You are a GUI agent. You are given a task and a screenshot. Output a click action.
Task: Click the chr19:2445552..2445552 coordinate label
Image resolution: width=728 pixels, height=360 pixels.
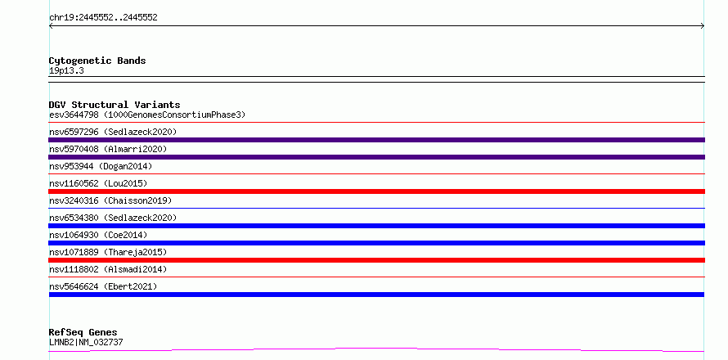tap(103, 18)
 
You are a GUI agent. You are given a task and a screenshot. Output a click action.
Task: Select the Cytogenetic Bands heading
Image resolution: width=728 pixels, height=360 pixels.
tap(97, 61)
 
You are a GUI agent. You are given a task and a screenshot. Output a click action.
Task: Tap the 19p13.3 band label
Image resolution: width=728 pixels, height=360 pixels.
tap(66, 71)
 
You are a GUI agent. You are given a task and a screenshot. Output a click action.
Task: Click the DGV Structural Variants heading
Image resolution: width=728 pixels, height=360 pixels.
tap(115, 105)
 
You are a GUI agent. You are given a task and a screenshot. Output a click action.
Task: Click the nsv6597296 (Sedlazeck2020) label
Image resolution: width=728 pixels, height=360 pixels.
tap(113, 132)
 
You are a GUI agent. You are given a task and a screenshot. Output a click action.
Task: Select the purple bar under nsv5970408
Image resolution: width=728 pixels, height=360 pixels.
tap(376, 157)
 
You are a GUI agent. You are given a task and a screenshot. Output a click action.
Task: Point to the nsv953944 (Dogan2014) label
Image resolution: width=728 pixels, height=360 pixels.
tap(101, 166)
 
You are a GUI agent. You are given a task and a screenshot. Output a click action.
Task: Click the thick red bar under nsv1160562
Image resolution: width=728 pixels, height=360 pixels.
tap(376, 191)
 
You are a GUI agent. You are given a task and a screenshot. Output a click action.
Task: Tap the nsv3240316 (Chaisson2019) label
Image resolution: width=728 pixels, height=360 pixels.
tap(110, 200)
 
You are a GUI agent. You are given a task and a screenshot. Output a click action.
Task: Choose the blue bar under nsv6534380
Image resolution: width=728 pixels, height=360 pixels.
tap(376, 226)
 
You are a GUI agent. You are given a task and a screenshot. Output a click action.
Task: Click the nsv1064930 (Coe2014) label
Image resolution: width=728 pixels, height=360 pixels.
tap(98, 235)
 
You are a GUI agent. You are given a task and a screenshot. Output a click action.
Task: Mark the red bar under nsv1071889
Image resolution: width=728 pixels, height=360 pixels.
tap(376, 260)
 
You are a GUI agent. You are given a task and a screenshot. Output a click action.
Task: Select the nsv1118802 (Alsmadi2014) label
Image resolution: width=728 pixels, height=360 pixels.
tap(108, 269)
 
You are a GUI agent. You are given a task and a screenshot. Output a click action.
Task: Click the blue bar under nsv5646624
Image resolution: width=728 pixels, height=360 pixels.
tap(376, 295)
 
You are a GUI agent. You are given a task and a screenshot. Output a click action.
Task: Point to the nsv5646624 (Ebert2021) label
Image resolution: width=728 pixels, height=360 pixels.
tap(103, 286)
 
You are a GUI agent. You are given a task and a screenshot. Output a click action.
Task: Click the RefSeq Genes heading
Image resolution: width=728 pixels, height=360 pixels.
tap(83, 332)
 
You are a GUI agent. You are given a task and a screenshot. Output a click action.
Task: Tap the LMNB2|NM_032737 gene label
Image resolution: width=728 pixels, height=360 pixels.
tap(86, 342)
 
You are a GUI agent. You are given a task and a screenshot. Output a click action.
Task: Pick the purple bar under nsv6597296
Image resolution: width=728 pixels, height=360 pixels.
tap(376, 140)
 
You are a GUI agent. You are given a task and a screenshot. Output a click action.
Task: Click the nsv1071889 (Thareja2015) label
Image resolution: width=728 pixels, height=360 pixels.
tap(108, 252)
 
